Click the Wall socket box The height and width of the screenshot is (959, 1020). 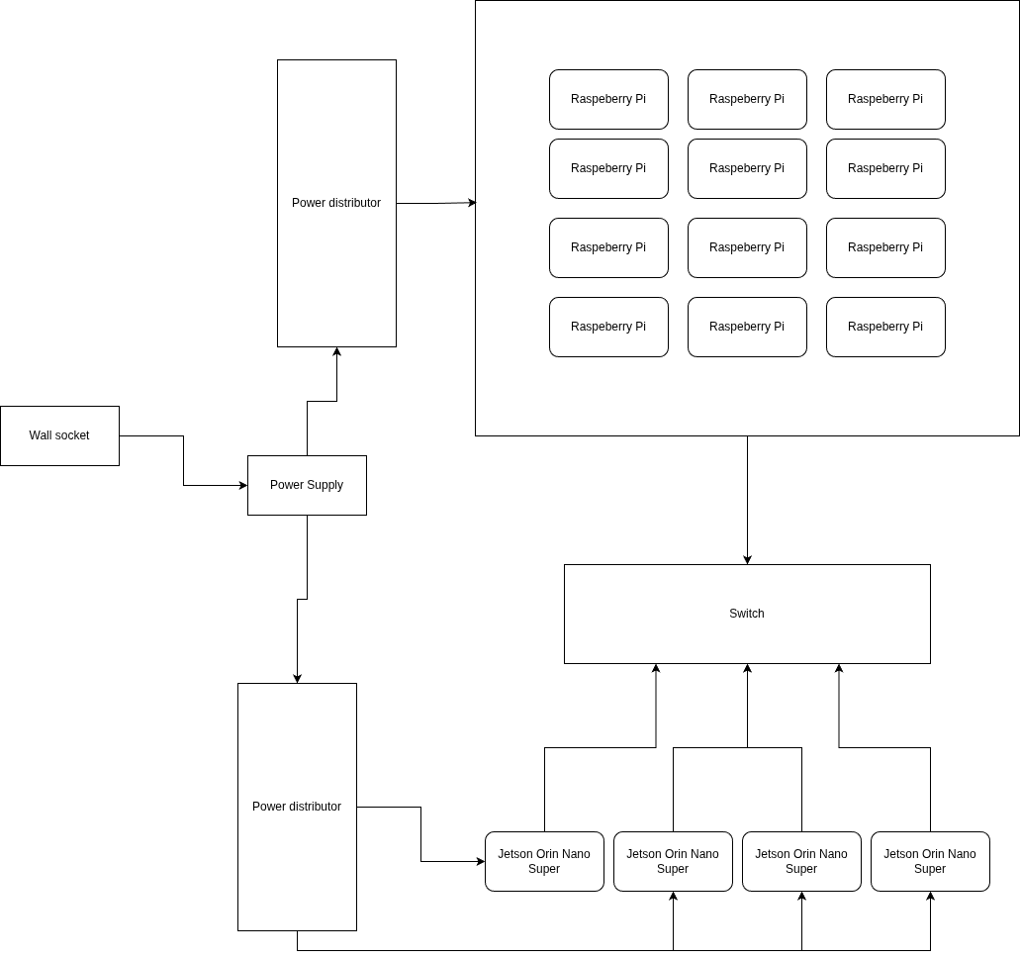(x=59, y=435)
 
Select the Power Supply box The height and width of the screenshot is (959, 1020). (x=307, y=485)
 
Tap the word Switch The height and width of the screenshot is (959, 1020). (x=746, y=614)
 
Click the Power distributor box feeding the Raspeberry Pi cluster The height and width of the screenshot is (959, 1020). (x=336, y=203)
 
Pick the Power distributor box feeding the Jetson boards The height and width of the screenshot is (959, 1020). (x=297, y=807)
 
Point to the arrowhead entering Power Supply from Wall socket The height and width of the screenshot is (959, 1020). (x=242, y=485)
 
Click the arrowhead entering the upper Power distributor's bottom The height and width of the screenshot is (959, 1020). (x=336, y=352)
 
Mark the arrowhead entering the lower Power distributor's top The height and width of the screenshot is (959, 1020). (x=297, y=678)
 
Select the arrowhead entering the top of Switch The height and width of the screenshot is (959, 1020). (x=747, y=559)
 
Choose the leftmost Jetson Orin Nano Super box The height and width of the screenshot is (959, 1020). (x=544, y=861)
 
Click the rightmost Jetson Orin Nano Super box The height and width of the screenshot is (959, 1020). (x=930, y=861)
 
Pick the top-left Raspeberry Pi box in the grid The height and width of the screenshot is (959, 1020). (x=608, y=99)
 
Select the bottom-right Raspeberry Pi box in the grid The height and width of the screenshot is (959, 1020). (x=885, y=327)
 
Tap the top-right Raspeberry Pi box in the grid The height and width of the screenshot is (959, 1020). (x=885, y=99)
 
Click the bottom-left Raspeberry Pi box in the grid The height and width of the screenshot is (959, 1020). (x=608, y=327)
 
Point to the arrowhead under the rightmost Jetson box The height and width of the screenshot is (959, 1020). (x=930, y=897)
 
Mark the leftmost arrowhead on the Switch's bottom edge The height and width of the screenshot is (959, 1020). (x=656, y=669)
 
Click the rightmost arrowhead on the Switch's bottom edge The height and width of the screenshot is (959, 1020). (x=839, y=669)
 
